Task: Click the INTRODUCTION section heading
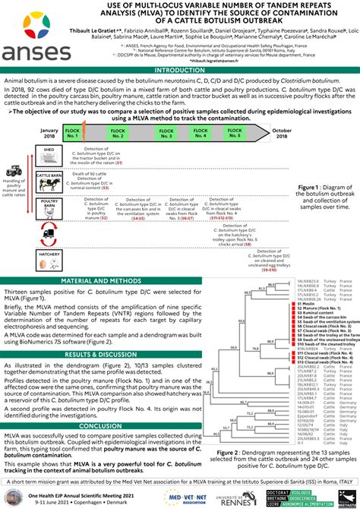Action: click(x=180, y=70)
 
